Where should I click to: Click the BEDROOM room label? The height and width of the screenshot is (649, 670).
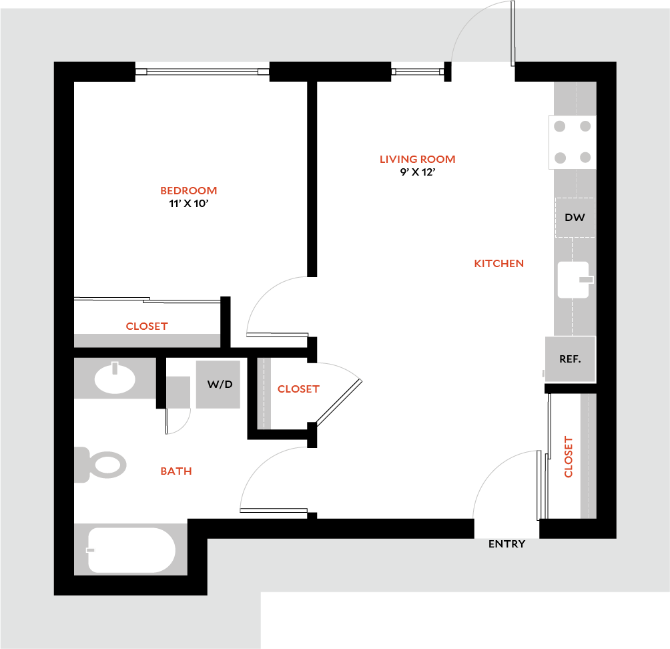click(x=188, y=191)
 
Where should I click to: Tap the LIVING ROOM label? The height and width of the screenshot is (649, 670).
click(x=418, y=159)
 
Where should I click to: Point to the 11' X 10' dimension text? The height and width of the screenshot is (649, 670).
click(x=188, y=204)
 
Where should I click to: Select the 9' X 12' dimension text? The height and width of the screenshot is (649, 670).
click(x=418, y=172)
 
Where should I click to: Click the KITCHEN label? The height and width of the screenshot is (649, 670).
click(x=498, y=263)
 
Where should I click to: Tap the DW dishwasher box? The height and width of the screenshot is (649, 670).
click(x=575, y=217)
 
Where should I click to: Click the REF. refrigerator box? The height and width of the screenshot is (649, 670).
click(x=570, y=359)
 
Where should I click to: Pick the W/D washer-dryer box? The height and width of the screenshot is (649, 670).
click(x=218, y=385)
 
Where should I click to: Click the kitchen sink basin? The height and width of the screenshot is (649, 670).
click(x=573, y=280)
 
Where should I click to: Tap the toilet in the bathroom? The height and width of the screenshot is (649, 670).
click(x=101, y=465)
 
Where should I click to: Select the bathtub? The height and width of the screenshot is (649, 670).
click(x=131, y=550)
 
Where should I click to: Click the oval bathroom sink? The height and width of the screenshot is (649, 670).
click(x=115, y=379)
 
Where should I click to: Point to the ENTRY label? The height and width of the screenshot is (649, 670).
click(x=507, y=544)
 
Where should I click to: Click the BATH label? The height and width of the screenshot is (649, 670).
click(x=176, y=471)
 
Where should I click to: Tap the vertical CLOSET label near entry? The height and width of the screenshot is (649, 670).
click(x=569, y=457)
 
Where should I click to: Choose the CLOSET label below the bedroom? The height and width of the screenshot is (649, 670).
click(x=147, y=327)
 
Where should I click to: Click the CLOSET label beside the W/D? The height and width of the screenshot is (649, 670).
click(x=298, y=389)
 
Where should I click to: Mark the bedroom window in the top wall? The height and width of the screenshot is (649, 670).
click(x=202, y=71)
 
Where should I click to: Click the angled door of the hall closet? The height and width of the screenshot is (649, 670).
click(x=339, y=403)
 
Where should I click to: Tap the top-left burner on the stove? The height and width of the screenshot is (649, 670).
click(x=559, y=126)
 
